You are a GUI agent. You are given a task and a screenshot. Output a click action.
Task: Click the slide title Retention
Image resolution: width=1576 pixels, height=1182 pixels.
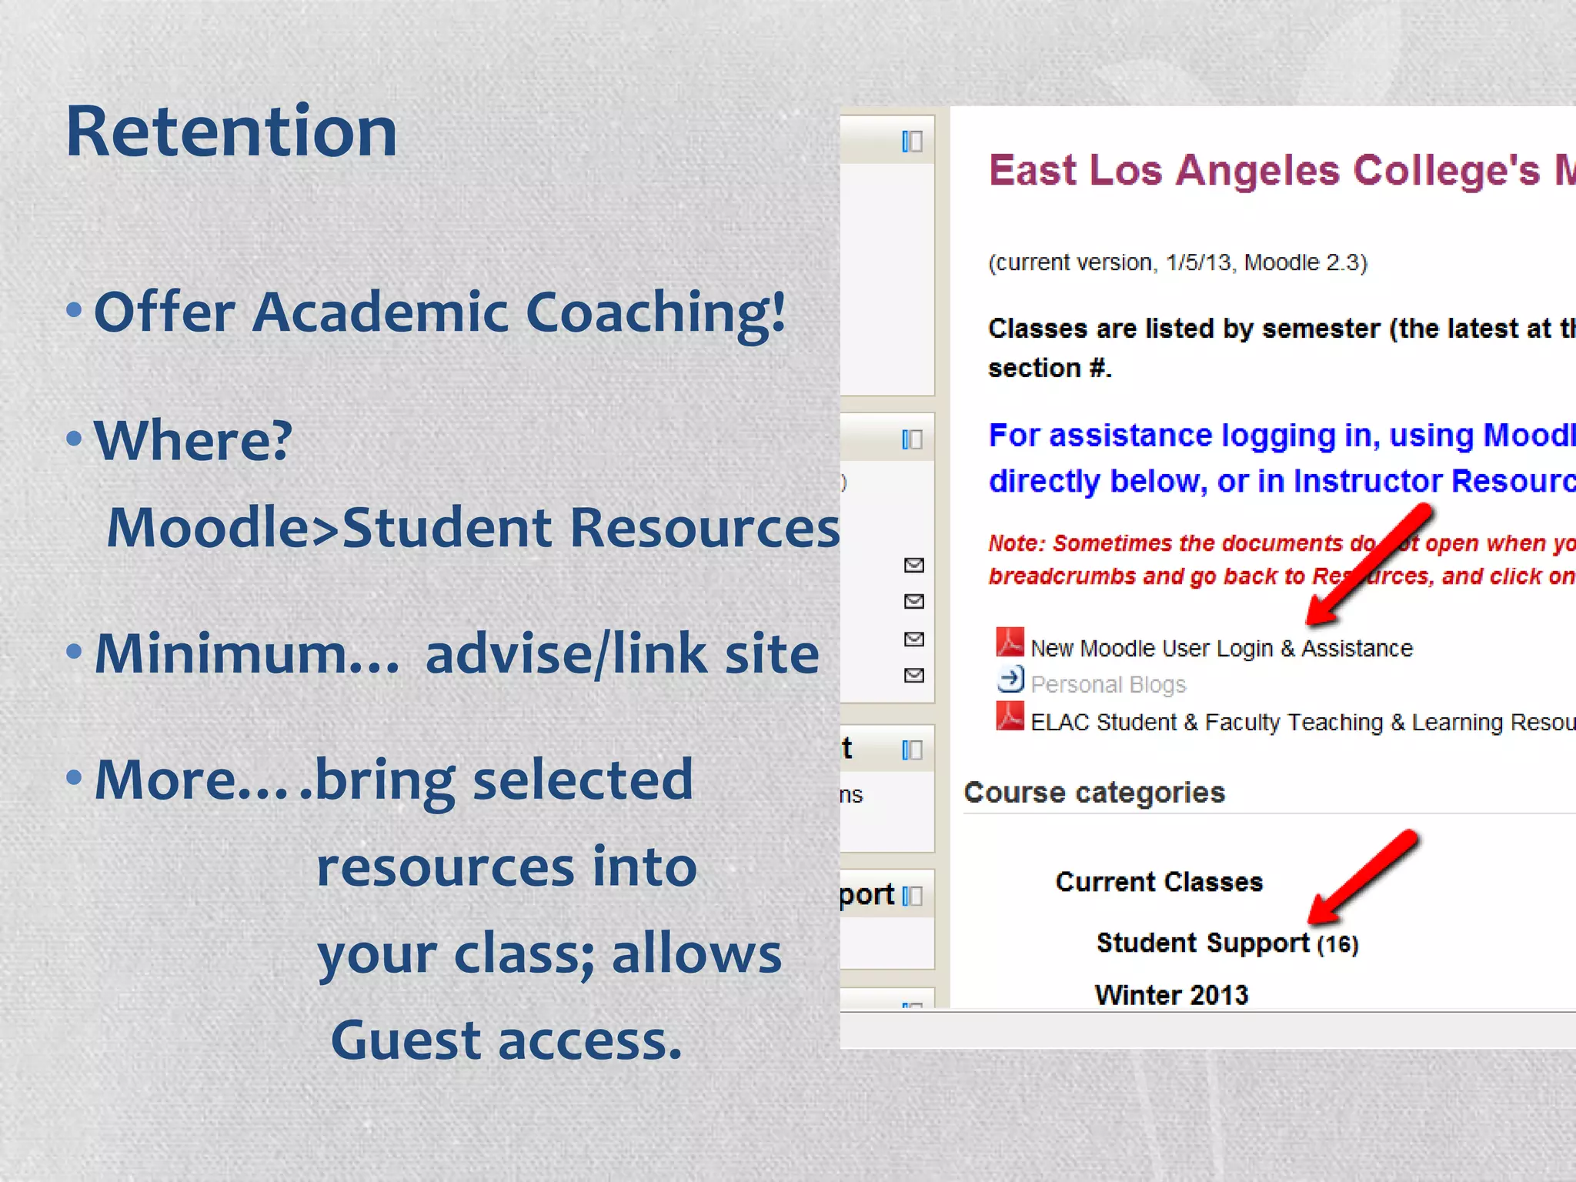click(x=231, y=132)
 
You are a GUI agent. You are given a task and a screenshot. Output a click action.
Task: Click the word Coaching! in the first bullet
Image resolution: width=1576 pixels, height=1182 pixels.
click(x=655, y=313)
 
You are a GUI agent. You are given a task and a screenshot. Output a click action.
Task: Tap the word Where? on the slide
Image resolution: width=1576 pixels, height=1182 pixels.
click(x=192, y=441)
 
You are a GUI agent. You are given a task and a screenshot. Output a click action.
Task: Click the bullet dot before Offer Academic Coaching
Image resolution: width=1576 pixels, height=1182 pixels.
click(x=74, y=310)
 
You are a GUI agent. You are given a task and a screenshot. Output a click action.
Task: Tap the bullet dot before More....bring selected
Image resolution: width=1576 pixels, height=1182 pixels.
click(x=74, y=776)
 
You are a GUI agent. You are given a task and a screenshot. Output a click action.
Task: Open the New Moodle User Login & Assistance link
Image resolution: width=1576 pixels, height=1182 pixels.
click(x=1221, y=649)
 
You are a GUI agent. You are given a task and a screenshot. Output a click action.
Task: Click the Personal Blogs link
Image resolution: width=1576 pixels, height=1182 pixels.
click(x=1108, y=684)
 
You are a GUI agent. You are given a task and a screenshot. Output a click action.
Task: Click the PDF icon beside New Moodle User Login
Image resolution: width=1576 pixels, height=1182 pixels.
click(x=1010, y=643)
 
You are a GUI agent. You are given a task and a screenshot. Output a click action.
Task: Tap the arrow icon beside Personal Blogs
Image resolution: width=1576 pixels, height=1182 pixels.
click(x=1010, y=680)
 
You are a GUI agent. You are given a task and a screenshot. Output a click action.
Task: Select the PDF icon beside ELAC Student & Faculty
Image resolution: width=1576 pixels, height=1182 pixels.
click(x=1010, y=716)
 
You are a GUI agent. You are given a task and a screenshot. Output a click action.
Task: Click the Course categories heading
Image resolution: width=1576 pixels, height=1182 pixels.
click(x=1094, y=793)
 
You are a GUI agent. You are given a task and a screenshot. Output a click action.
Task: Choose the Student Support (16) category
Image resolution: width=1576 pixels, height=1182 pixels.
click(x=1227, y=943)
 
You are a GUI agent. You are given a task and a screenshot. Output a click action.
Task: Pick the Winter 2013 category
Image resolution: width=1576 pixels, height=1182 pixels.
click(x=1171, y=995)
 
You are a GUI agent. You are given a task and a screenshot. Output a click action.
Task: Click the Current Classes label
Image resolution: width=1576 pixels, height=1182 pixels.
click(x=1159, y=882)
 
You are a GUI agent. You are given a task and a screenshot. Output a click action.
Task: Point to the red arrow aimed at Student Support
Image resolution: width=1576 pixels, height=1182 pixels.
click(x=1363, y=876)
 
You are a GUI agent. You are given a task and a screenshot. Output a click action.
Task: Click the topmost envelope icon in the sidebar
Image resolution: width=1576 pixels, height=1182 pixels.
click(x=913, y=566)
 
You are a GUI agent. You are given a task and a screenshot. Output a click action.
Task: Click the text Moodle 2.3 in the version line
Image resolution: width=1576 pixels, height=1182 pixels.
click(x=1304, y=263)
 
